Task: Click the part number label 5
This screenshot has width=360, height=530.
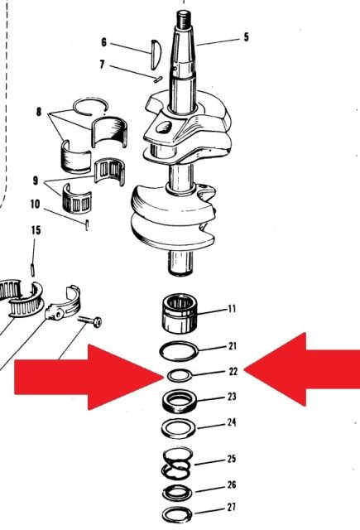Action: point(246,37)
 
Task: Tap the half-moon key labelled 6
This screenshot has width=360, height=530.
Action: point(156,55)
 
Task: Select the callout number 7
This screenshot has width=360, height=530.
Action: point(103,65)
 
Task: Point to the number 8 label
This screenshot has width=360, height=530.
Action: point(39,111)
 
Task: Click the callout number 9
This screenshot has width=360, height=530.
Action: point(36,181)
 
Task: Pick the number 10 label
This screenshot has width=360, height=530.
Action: point(35,205)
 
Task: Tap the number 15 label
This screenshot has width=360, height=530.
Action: point(36,230)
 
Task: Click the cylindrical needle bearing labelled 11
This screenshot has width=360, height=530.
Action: point(180,313)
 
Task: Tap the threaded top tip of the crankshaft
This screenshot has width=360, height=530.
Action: point(184,17)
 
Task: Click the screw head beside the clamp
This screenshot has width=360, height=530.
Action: point(98,322)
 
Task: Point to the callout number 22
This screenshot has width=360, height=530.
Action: point(233,372)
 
